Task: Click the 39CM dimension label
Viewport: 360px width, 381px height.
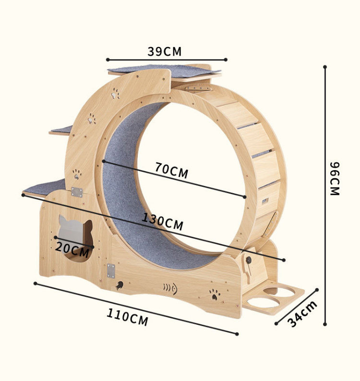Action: [164, 51]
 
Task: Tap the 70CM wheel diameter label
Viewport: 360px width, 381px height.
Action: [172, 170]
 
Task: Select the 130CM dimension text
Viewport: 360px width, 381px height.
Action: [162, 221]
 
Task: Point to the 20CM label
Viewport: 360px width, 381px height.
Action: [72, 249]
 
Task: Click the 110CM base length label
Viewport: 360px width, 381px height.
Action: [128, 317]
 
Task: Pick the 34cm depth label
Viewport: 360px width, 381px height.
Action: [302, 314]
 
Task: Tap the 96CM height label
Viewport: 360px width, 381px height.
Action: [335, 179]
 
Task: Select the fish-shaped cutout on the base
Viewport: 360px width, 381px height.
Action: [170, 289]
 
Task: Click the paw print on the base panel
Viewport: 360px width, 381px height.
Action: [215, 294]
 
